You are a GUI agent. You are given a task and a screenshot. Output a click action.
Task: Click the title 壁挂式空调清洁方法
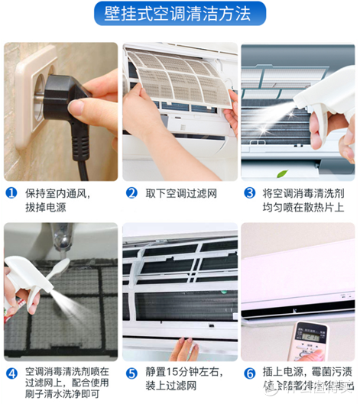(x=180, y=14)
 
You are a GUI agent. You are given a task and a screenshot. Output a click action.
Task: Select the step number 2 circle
(x=131, y=193)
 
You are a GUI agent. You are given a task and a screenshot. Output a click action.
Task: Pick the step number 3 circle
(x=249, y=193)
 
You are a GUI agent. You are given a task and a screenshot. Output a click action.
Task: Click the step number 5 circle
(x=131, y=373)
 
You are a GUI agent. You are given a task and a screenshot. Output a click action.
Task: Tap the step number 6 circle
(x=249, y=373)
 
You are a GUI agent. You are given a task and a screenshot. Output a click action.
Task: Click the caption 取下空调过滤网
(x=182, y=193)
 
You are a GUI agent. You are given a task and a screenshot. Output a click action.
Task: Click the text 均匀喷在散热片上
(x=301, y=208)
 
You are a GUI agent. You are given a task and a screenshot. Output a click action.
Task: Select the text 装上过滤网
(x=171, y=388)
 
